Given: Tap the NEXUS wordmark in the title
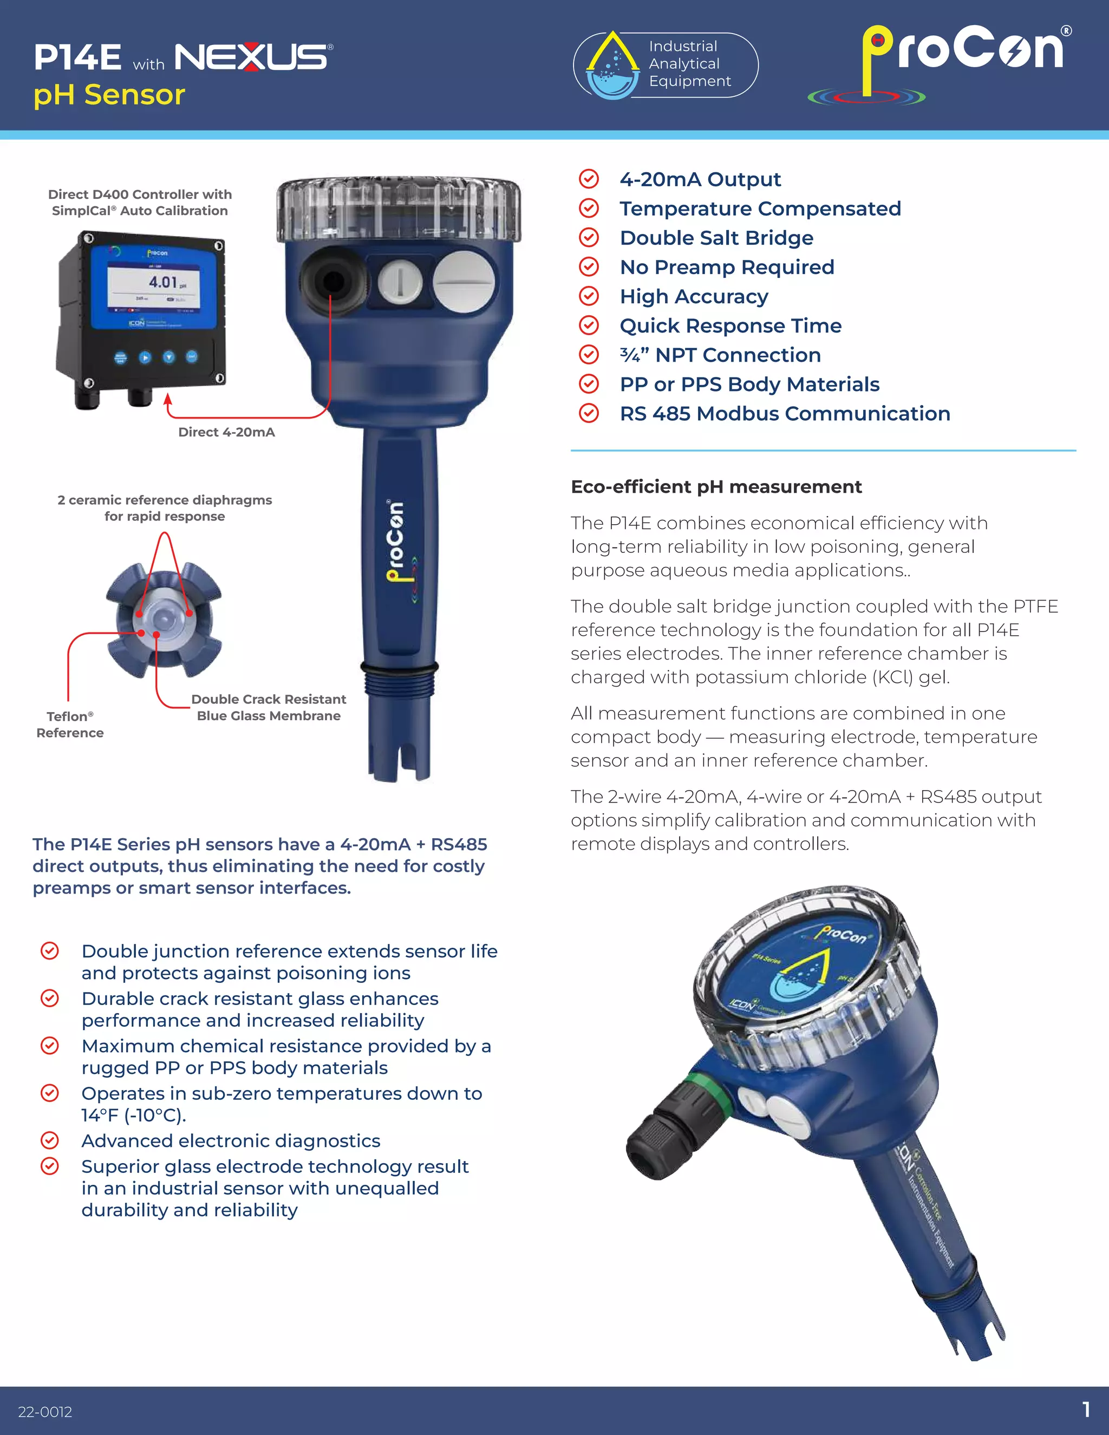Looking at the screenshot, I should (x=252, y=57).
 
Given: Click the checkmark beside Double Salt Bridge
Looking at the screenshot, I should (x=589, y=238).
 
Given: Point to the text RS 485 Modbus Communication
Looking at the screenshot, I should (x=785, y=413).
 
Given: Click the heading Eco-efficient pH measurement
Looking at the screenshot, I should (x=716, y=487).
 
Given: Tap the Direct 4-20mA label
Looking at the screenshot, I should (x=227, y=432).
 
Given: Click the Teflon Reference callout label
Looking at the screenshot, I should (x=70, y=724).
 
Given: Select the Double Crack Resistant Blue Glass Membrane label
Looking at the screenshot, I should (x=269, y=707).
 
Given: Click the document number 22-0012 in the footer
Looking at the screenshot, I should (x=45, y=1411).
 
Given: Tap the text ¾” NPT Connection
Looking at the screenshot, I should (x=720, y=355).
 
